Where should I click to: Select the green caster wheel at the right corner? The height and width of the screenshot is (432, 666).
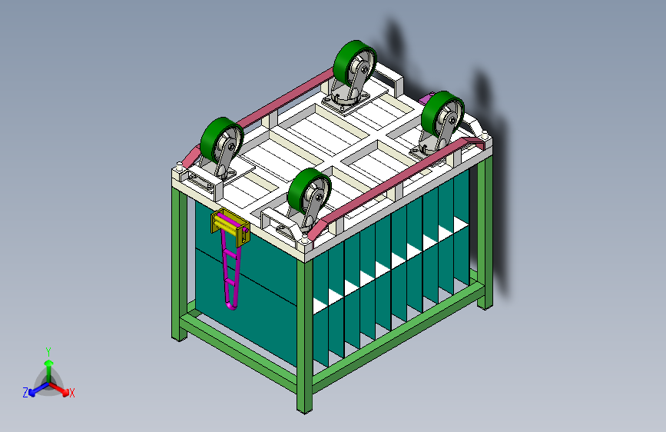(x=442, y=114)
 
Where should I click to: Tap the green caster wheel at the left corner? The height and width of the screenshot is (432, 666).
(x=221, y=141)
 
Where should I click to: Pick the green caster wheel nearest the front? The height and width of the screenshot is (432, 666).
(x=308, y=191)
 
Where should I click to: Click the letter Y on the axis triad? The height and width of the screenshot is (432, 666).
(x=48, y=351)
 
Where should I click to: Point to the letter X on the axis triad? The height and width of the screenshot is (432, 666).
(x=71, y=393)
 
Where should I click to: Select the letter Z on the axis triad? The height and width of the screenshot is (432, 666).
(x=25, y=393)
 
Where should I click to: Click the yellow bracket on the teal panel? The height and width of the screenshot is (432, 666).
(x=230, y=228)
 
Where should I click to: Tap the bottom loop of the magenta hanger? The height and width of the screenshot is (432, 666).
(x=231, y=304)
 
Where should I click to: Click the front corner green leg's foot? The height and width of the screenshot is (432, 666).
(x=304, y=410)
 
